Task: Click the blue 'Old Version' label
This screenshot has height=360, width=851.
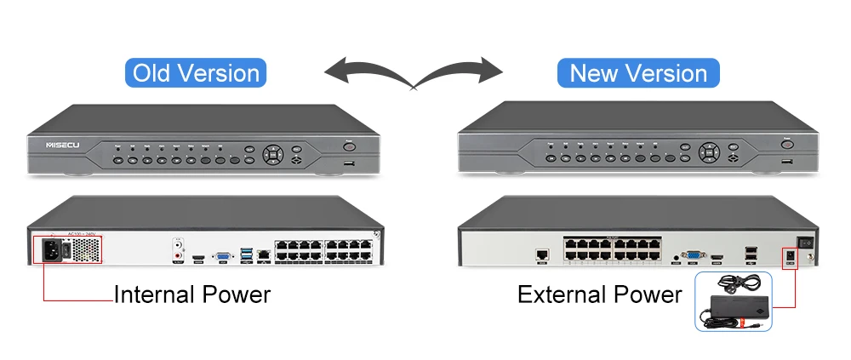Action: pos(196,72)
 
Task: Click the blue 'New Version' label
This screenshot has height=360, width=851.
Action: pos(638,72)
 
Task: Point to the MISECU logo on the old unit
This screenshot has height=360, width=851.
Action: pos(61,146)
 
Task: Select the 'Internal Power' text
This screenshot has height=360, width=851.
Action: pos(192,294)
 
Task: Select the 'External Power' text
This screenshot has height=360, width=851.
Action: pos(600,294)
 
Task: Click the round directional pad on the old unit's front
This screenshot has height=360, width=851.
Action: pos(273,155)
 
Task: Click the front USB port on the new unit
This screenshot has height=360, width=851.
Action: pos(785,160)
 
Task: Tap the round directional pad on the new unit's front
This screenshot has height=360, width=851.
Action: pos(710,152)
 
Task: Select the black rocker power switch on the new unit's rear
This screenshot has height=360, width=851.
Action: pos(799,242)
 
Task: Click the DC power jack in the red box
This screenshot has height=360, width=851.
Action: pos(789,256)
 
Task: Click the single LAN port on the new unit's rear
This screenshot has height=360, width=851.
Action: pos(541,254)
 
